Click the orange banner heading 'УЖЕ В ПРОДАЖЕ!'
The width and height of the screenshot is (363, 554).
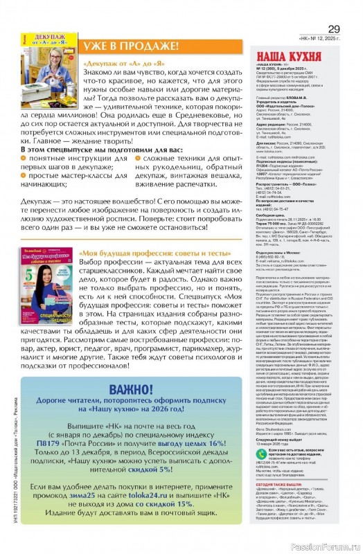pyautogui.click(x=131, y=46)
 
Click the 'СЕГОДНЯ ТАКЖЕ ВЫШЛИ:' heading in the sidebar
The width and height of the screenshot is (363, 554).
pyautogui.click(x=278, y=480)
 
